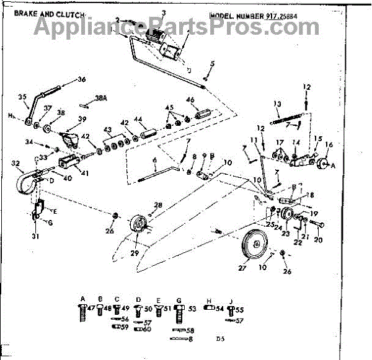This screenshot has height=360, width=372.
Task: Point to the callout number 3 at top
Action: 163,13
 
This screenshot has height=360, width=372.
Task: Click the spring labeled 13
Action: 286,114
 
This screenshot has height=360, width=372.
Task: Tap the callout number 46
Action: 190,100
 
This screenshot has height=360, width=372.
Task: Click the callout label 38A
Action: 100,99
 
